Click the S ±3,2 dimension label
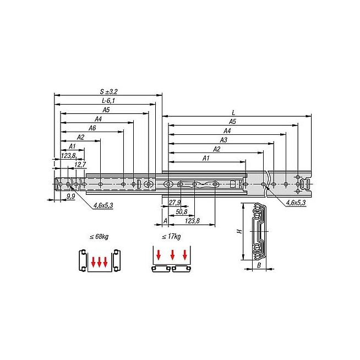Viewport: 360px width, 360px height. pos(108,91)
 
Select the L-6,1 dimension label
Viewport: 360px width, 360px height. pos(108,101)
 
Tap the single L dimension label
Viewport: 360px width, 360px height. pos(233,113)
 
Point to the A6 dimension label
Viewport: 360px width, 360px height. pos(92,128)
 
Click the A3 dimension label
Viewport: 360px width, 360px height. pos(223,140)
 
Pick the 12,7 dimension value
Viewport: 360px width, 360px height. pos(80,165)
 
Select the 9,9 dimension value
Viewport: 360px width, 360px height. pos(70,197)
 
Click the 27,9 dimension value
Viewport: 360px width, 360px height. pos(174,203)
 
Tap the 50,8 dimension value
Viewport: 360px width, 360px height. pos(182,212)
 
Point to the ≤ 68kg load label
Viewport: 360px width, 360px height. pos(99,236)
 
